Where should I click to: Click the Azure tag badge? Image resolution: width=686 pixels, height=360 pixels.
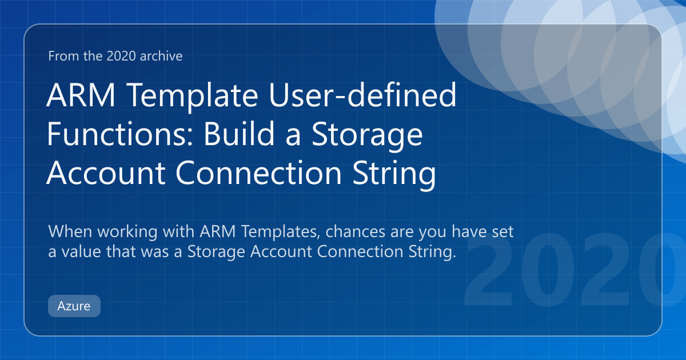click(x=74, y=306)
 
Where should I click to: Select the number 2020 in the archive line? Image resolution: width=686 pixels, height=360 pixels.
click(x=121, y=56)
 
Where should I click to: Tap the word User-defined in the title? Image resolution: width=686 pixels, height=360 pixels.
click(x=362, y=95)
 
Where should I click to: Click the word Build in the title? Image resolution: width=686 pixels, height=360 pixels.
click(x=240, y=134)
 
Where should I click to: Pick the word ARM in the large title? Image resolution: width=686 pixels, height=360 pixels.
click(x=81, y=95)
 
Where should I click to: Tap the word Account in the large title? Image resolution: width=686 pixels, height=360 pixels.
click(x=106, y=173)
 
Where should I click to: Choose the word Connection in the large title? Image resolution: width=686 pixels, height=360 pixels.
click(x=258, y=173)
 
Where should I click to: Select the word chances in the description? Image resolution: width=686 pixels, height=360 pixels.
click(x=355, y=231)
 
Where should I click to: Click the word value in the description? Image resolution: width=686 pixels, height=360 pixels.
click(x=81, y=251)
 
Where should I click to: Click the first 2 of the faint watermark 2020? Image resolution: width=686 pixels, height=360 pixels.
click(x=488, y=270)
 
